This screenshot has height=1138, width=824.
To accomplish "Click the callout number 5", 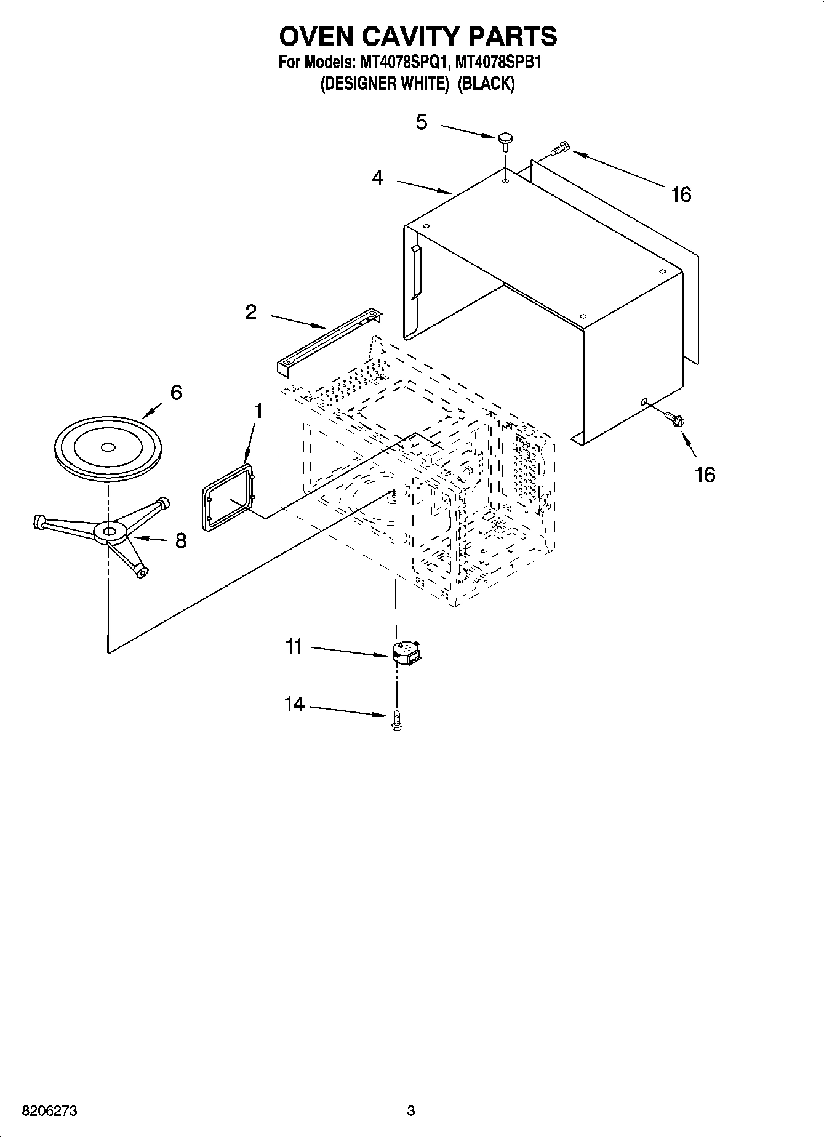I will coord(421,122).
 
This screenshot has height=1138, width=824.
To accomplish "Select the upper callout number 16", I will coord(681,194).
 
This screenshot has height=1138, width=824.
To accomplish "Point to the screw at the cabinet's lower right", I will coord(674,419).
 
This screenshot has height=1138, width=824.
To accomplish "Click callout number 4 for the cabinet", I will coord(377,178).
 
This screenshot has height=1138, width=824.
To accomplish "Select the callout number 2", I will coord(250,312).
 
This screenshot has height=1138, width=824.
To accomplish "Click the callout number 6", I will coord(176,392).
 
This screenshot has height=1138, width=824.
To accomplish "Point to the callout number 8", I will coord(180,540).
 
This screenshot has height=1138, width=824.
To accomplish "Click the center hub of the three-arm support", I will coord(110,531).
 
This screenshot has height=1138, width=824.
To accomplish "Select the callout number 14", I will coord(295,704).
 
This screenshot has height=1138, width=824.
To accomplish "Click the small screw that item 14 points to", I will coord(396,719).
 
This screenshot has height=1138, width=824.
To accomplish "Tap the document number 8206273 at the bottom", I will coord(50,1112).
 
